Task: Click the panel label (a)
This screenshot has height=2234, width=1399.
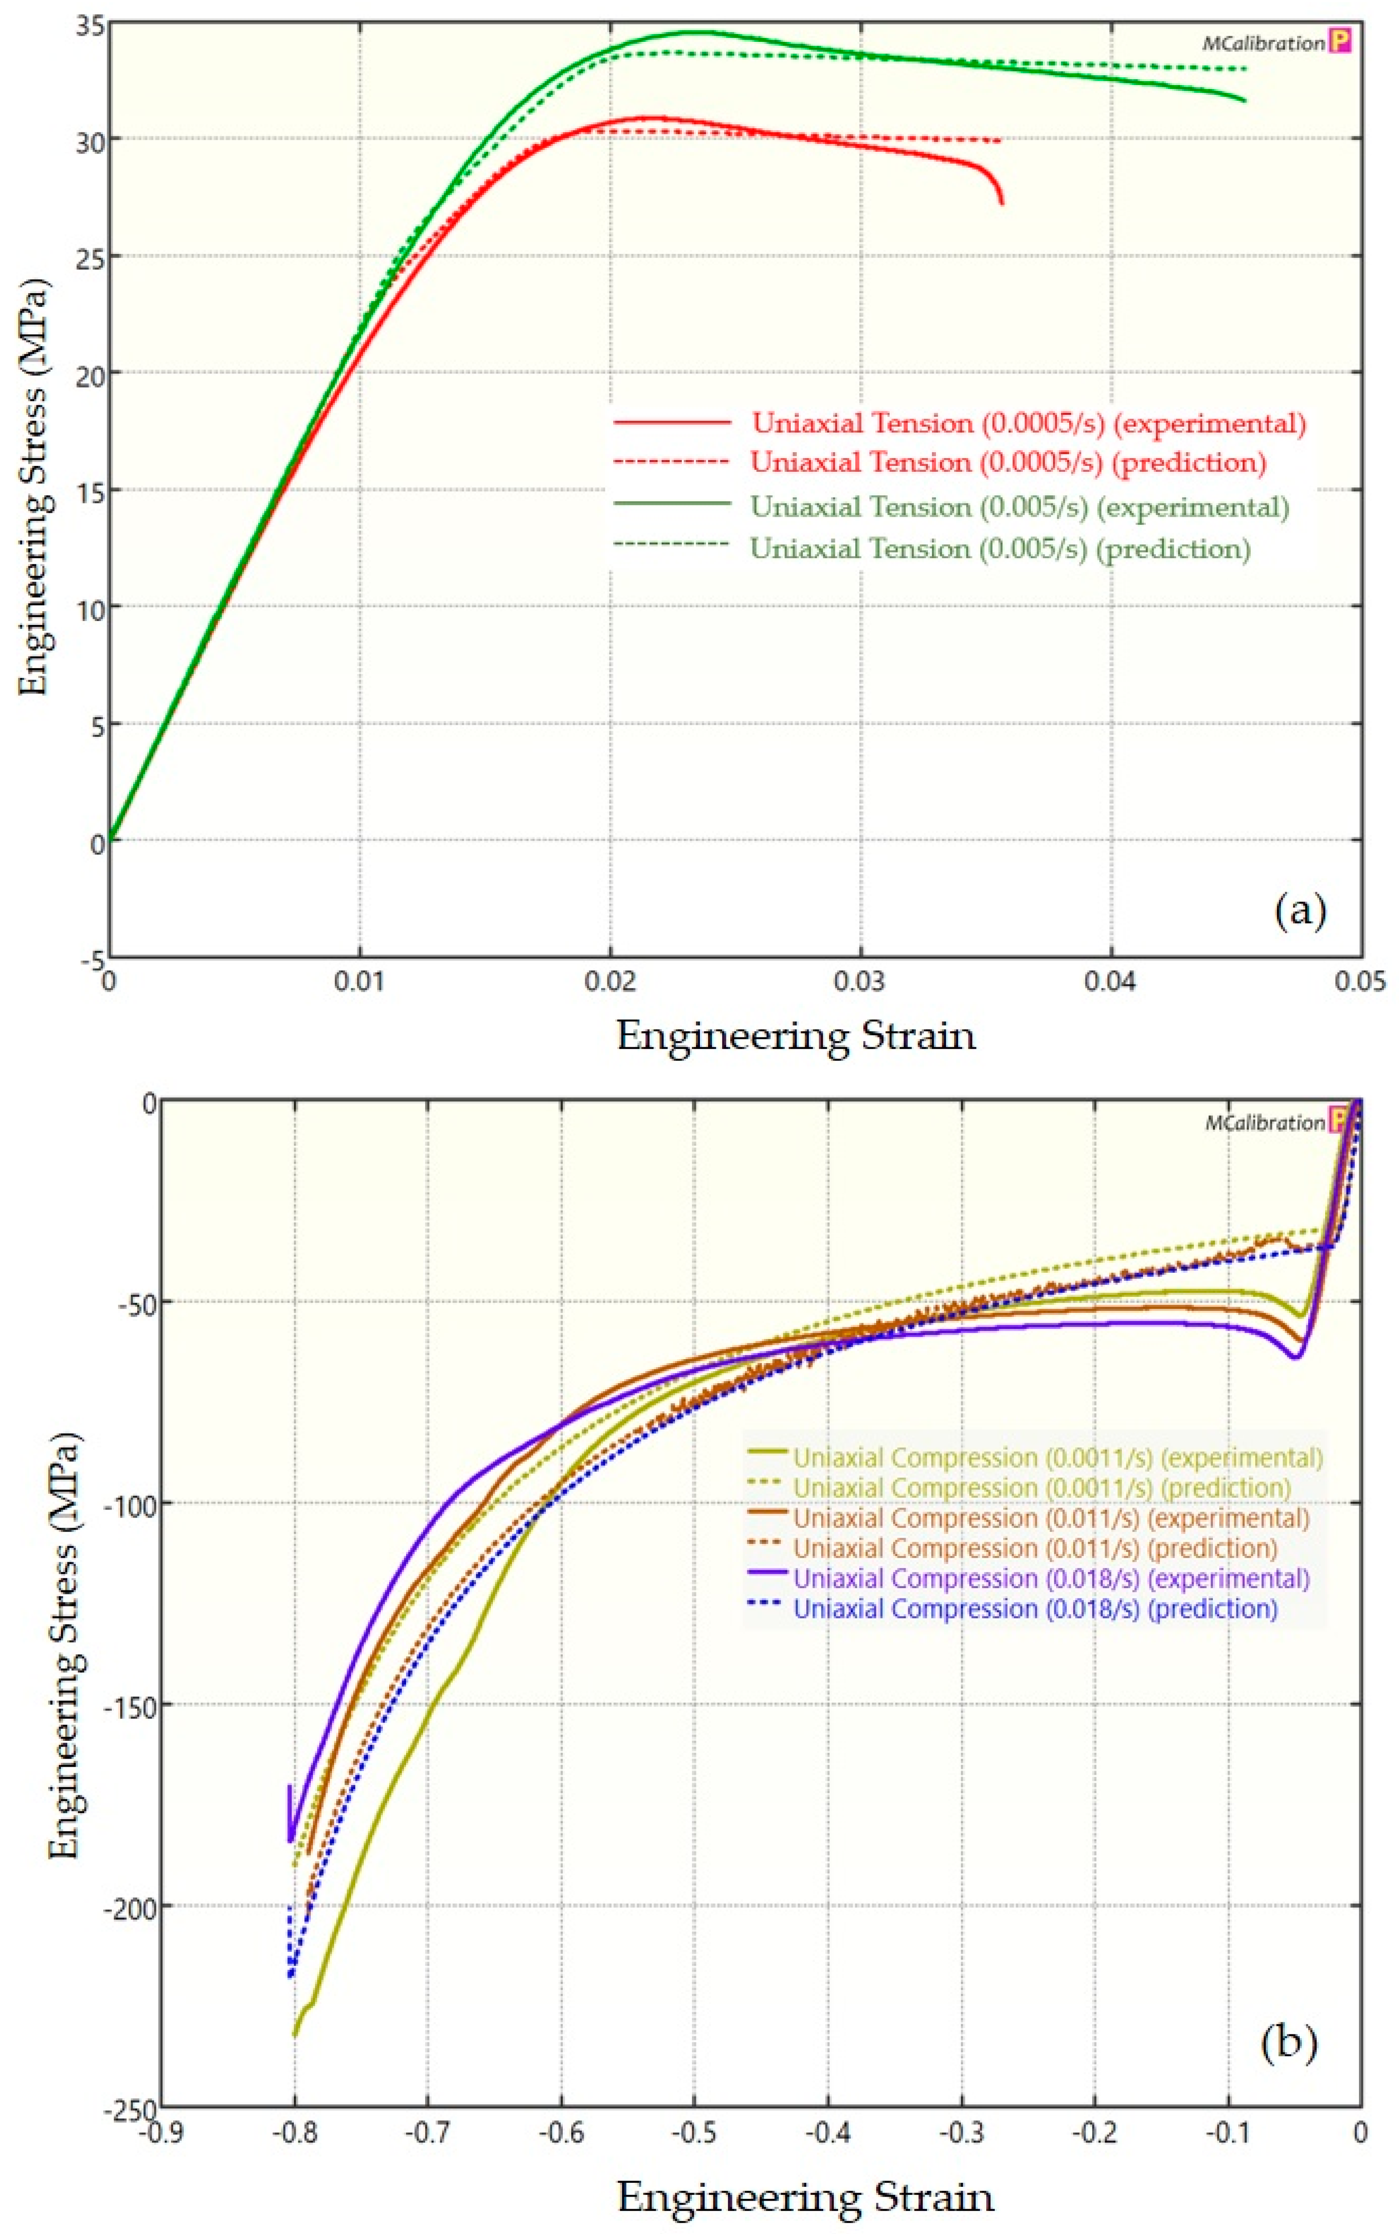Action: [1300, 911]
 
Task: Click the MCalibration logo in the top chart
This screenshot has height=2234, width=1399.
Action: [1263, 43]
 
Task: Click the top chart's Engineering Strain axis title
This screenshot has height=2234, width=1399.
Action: [796, 1035]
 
